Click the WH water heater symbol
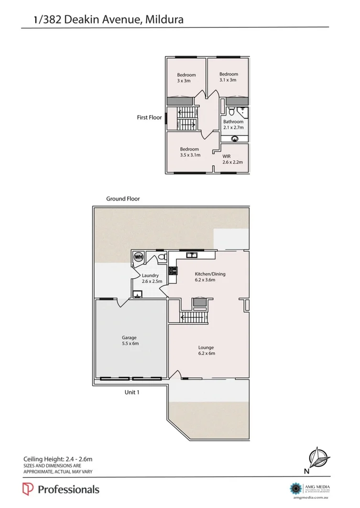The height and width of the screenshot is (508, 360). pyautogui.click(x=139, y=257)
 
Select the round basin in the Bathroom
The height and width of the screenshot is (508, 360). pyautogui.click(x=235, y=139)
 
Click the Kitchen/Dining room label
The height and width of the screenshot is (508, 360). pyautogui.click(x=210, y=274)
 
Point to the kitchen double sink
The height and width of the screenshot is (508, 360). pyautogui.click(x=192, y=255)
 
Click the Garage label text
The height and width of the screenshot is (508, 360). pyautogui.click(x=130, y=337)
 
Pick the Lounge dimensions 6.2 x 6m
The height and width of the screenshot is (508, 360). pyautogui.click(x=207, y=354)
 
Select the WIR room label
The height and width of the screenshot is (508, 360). pyautogui.click(x=227, y=156)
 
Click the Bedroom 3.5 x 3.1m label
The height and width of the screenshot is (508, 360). pyautogui.click(x=189, y=152)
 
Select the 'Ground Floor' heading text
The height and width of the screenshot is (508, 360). pyautogui.click(x=123, y=199)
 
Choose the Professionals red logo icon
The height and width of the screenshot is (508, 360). pyautogui.click(x=28, y=489)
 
